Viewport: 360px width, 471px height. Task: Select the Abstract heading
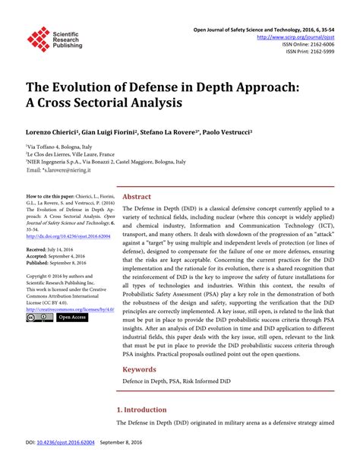tap(137, 196)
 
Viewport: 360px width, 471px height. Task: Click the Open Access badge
tap(73, 318)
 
